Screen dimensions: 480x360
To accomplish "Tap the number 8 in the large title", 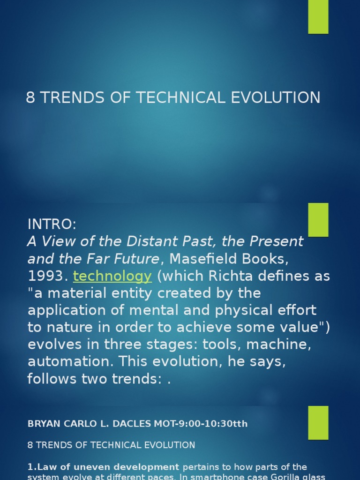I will click(x=31, y=97).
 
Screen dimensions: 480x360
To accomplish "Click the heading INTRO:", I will click(x=52, y=225).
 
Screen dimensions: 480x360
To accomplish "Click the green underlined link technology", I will click(x=112, y=276).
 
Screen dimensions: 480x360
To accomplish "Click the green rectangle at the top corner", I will click(x=318, y=17).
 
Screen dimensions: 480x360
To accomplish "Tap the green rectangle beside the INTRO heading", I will click(x=318, y=220).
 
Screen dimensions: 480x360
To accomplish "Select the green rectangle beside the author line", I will click(x=318, y=422).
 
